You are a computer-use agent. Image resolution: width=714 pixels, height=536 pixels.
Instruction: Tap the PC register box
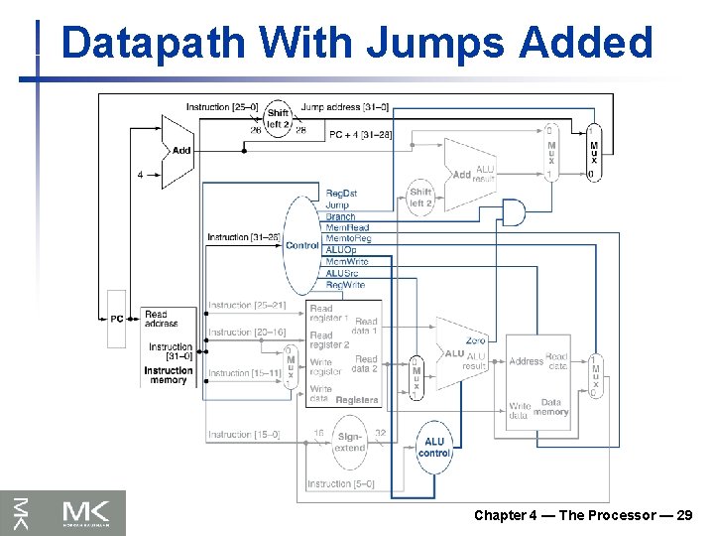pyautogui.click(x=117, y=319)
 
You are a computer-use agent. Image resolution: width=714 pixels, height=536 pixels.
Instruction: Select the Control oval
pyautogui.click(x=301, y=245)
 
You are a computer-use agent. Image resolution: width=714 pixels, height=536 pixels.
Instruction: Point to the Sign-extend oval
pyautogui.click(x=349, y=442)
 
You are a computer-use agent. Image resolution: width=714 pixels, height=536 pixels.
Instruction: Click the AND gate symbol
pyautogui.click(x=514, y=211)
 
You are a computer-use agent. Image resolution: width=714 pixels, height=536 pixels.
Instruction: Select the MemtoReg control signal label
pyautogui.click(x=347, y=239)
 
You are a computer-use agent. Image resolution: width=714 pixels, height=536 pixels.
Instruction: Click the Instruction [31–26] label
pyautogui.click(x=242, y=237)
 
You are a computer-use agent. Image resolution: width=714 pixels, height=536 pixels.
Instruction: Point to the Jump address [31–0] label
pyautogui.click(x=345, y=107)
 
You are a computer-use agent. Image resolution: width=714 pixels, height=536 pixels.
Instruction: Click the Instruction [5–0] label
pyautogui.click(x=341, y=484)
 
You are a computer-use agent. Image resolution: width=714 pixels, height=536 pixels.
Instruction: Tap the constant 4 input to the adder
pyautogui.click(x=140, y=175)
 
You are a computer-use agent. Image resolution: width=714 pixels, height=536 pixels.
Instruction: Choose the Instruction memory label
pyautogui.click(x=169, y=375)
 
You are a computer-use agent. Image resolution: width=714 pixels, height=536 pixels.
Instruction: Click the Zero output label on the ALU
pyautogui.click(x=475, y=341)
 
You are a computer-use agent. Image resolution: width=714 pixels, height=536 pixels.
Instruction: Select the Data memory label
pyautogui.click(x=551, y=407)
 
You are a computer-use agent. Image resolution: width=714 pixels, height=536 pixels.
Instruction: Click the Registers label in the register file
pyautogui.click(x=357, y=400)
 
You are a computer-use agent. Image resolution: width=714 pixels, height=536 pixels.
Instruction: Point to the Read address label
pyautogui.click(x=161, y=319)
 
